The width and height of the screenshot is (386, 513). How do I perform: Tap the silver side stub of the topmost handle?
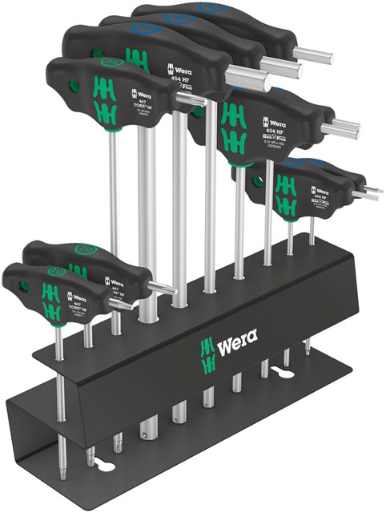[x=306, y=51]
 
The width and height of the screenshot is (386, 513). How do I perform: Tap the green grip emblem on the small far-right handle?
[x=284, y=188]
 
